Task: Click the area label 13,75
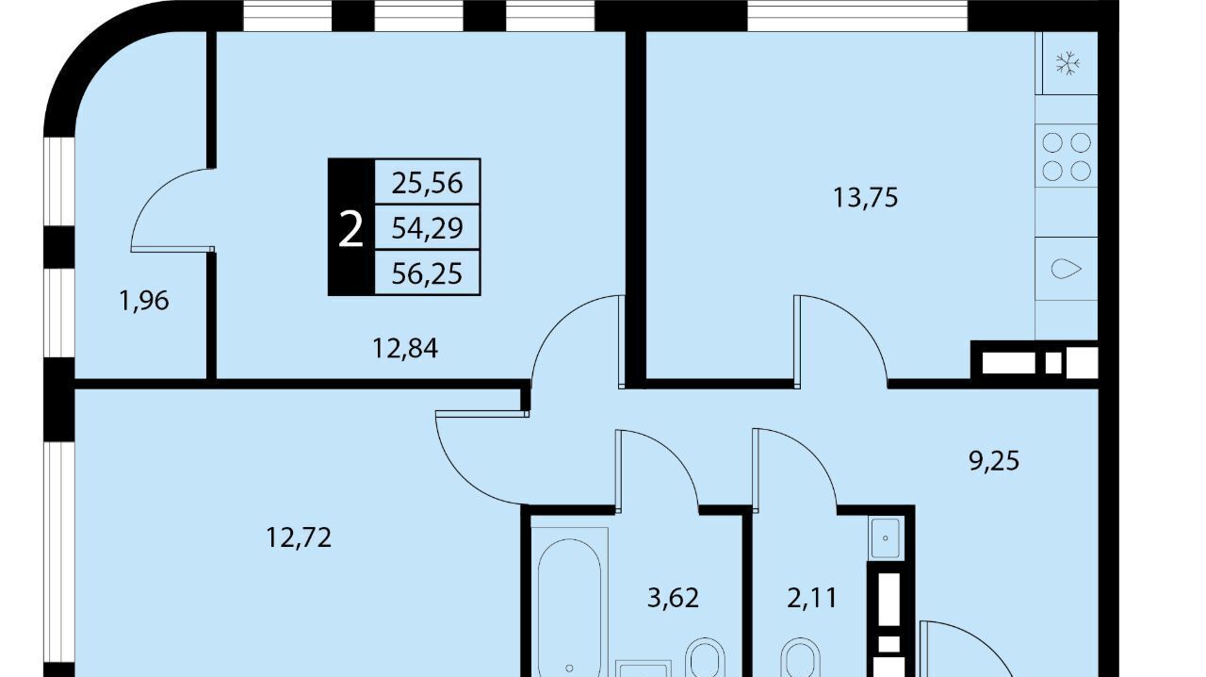[865, 198]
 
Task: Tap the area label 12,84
[405, 348]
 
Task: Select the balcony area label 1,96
[144, 301]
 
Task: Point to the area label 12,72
[299, 537]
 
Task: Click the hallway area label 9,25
[994, 461]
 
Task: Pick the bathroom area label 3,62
[673, 598]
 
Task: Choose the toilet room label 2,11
[812, 598]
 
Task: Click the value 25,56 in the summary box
[427, 183]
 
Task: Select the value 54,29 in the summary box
[427, 228]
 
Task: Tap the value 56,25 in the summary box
[427, 273]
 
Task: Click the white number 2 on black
[350, 229]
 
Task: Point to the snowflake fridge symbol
[1067, 63]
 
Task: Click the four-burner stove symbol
[1067, 157]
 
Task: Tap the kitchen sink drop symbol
[1066, 269]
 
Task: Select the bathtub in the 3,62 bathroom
[570, 608]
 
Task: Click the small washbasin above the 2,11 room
[885, 537]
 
